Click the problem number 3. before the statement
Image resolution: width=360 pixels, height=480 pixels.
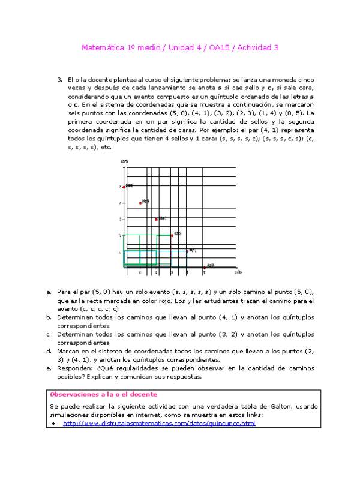[x=59, y=79]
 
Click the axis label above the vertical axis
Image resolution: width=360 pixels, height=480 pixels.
[x=124, y=161]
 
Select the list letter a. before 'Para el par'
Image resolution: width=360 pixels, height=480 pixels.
[x=49, y=291]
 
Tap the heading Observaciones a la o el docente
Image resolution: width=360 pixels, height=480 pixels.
[x=103, y=394]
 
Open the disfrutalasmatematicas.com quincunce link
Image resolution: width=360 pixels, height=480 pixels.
[x=158, y=423]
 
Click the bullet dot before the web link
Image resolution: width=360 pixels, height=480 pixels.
[x=54, y=424]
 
